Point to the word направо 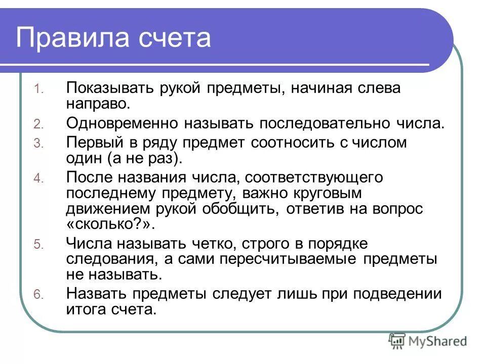[97, 104]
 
